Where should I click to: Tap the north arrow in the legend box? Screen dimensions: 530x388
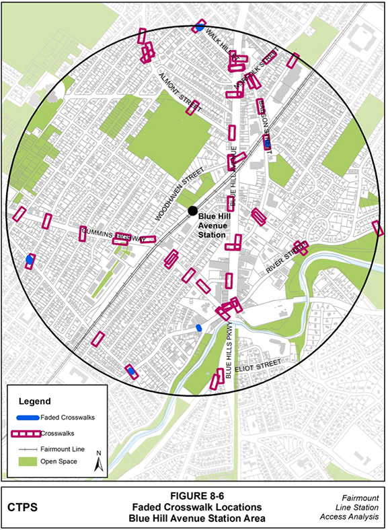click(98, 461)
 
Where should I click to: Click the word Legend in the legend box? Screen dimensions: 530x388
click(34, 401)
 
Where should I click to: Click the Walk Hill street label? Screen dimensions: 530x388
click(221, 40)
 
